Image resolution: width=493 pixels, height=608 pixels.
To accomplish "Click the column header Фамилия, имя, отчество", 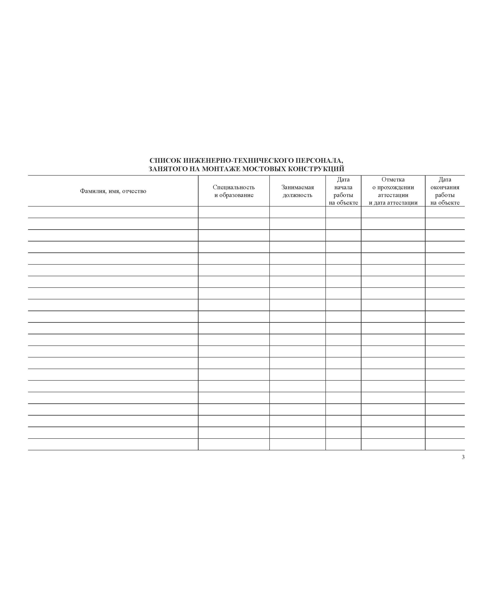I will tap(113, 191).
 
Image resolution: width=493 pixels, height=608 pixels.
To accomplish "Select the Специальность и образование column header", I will tap(234, 191).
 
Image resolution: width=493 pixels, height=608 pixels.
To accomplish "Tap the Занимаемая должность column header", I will tap(297, 191).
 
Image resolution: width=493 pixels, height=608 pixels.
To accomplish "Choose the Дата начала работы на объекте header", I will tap(343, 191).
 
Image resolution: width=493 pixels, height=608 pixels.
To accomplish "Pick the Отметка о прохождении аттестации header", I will tap(393, 191).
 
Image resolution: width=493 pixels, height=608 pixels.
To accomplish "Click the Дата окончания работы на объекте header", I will tap(445, 191).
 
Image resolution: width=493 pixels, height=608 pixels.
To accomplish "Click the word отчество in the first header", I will tap(134, 191).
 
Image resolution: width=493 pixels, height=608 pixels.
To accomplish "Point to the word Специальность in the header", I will tap(234, 187).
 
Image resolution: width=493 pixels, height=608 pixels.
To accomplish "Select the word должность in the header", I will tap(297, 195).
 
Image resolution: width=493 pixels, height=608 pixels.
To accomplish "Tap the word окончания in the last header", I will tap(445, 187).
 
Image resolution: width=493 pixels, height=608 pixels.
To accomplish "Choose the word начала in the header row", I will tap(343, 187).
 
